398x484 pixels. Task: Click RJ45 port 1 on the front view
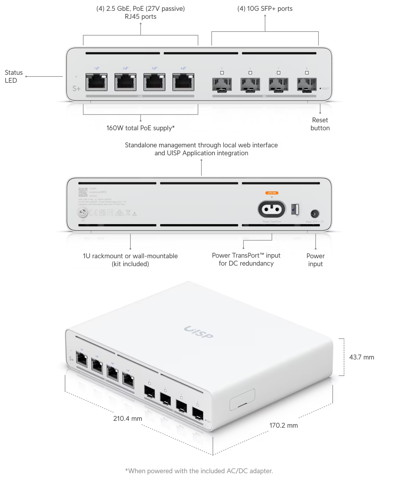click(97, 82)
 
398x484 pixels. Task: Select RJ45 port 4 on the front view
click(183, 82)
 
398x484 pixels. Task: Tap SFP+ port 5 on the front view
click(222, 84)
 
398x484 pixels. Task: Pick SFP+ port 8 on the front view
click(307, 84)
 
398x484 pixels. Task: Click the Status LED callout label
click(13, 76)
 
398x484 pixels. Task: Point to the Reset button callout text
click(320, 124)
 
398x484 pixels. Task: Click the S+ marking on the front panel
click(76, 88)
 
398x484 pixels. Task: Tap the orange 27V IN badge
click(272, 193)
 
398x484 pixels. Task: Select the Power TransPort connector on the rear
click(272, 209)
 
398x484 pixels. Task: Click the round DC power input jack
click(315, 214)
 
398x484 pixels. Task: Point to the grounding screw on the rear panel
click(83, 212)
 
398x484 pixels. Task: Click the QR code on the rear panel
click(83, 192)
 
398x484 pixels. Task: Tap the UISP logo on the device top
click(199, 332)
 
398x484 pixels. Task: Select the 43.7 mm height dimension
click(361, 357)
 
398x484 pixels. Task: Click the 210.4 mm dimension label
click(128, 418)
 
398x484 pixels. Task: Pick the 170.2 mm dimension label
click(284, 425)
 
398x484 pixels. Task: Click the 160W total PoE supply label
click(140, 128)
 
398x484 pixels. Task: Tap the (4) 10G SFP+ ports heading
click(265, 9)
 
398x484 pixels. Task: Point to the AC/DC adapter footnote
click(199, 471)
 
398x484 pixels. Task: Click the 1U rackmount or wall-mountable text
click(130, 260)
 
